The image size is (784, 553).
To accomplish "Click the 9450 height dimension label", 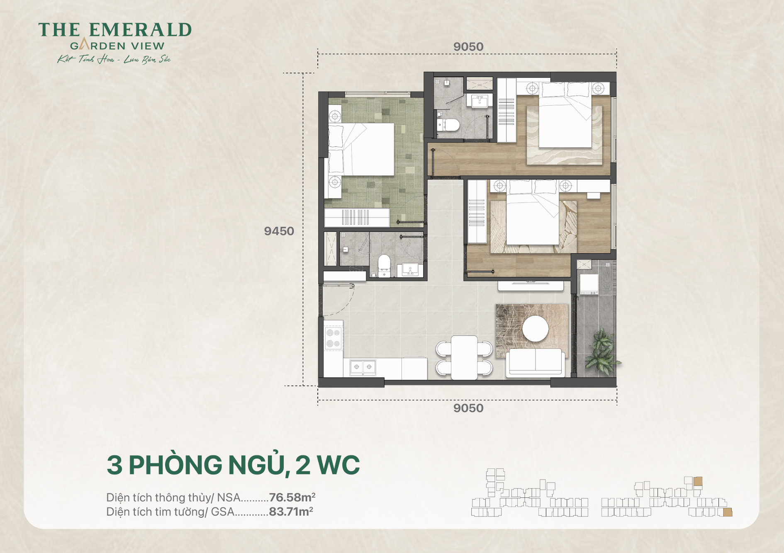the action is [279, 231].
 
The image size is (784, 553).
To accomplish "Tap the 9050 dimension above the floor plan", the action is [468, 47].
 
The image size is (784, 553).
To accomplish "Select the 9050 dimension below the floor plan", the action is [468, 408].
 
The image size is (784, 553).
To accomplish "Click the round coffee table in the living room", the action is [535, 329].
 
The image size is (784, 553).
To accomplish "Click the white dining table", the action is [464, 357].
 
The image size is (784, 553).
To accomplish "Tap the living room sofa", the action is [536, 363].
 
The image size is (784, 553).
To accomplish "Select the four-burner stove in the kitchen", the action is [333, 338].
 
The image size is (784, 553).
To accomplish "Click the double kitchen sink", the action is [363, 367].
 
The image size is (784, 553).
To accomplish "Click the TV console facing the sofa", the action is [531, 286].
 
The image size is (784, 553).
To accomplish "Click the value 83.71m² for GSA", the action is [291, 512].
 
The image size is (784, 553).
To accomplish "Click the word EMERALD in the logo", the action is [140, 30].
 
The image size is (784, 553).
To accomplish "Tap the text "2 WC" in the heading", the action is [327, 465].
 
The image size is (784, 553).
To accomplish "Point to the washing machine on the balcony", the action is [589, 284].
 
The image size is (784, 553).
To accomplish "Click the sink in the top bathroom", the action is [480, 101].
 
